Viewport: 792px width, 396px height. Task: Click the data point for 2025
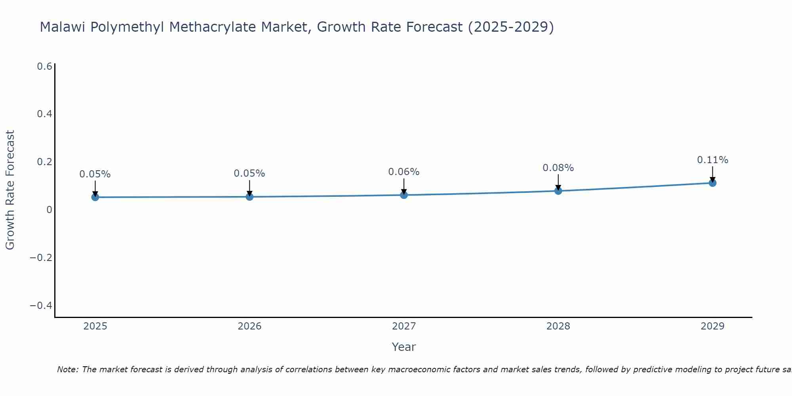pyautogui.click(x=95, y=197)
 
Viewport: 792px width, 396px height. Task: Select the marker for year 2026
pyautogui.click(x=249, y=196)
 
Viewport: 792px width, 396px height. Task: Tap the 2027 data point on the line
pyautogui.click(x=404, y=195)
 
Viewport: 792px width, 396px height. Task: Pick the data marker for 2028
pyautogui.click(x=558, y=191)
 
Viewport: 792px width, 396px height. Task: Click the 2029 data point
pyautogui.click(x=712, y=183)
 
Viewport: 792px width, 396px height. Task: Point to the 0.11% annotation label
pyautogui.click(x=712, y=160)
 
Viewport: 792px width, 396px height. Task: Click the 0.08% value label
pyautogui.click(x=558, y=168)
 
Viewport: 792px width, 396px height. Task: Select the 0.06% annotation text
pyautogui.click(x=404, y=172)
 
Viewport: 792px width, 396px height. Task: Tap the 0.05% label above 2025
pyautogui.click(x=95, y=174)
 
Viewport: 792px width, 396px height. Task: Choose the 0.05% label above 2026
pyautogui.click(x=249, y=173)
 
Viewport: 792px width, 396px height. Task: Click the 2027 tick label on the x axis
pyautogui.click(x=404, y=326)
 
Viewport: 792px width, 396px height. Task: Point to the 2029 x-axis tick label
pyautogui.click(x=712, y=326)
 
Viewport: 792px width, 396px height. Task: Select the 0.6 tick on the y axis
pyautogui.click(x=44, y=67)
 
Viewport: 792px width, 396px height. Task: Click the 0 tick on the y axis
pyautogui.click(x=49, y=210)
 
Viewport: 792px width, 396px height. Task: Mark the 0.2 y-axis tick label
pyautogui.click(x=44, y=162)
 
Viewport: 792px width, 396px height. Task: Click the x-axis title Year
pyautogui.click(x=404, y=347)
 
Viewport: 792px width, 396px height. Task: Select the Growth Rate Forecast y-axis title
pyautogui.click(x=10, y=190)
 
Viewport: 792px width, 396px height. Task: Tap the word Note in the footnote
pyautogui.click(x=67, y=369)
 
